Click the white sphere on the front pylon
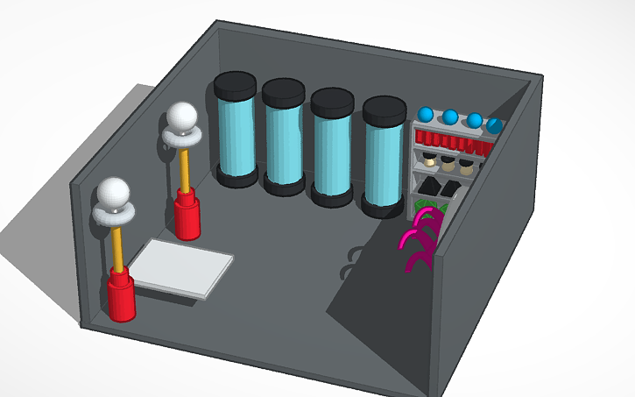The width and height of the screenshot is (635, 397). [113, 194]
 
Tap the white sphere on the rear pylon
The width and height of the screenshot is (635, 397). [182, 117]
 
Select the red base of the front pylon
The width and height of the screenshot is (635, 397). [121, 296]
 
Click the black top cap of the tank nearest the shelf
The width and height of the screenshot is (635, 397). [385, 110]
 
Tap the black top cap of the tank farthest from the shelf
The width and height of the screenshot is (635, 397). [235, 86]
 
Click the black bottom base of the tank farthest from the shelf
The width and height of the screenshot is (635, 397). [236, 177]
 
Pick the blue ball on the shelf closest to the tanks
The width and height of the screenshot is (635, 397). [426, 115]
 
